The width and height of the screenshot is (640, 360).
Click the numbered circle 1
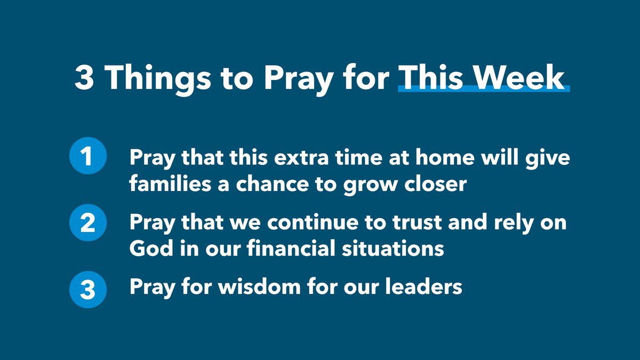click(x=88, y=158)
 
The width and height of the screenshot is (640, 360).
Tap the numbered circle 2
click(x=88, y=223)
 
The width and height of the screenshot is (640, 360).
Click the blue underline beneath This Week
click(x=484, y=89)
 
